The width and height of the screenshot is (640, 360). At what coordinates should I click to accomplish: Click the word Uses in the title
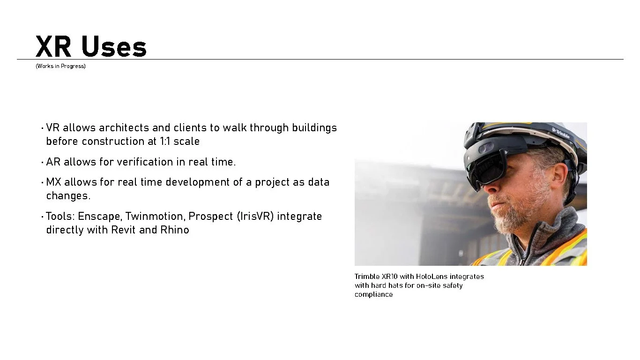coord(114,47)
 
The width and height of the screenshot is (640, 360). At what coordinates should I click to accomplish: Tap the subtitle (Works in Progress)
coord(60,66)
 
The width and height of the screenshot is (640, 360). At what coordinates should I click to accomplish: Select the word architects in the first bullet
coord(124,127)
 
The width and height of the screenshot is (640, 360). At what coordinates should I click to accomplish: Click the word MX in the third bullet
coord(54,182)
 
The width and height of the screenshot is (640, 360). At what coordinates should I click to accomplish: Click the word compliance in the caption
coord(373,294)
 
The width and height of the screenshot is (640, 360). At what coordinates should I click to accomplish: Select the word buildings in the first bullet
coord(314,127)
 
